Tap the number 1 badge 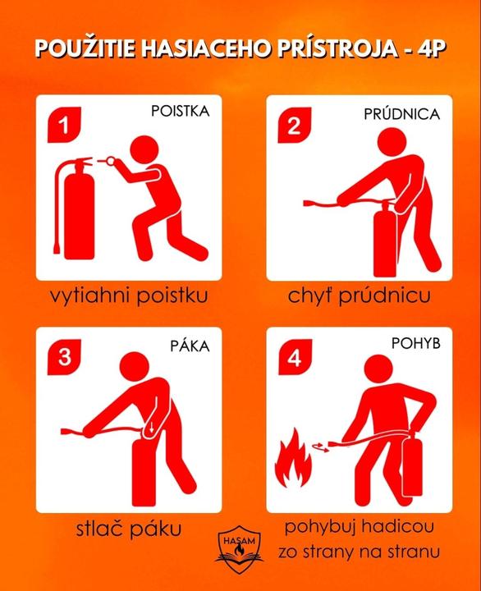tap(65, 125)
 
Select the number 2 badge tap(295, 125)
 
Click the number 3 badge tap(64, 357)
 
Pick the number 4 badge tap(295, 357)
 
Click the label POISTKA tap(181, 111)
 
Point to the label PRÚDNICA tap(402, 114)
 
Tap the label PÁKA tap(190, 346)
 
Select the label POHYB tap(416, 343)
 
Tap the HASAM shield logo tap(239, 549)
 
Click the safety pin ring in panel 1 tap(111, 162)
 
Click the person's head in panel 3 tap(135, 367)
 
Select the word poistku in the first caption tap(172, 295)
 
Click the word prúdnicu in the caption tap(384, 296)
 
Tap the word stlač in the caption tap(99, 529)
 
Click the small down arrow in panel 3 tap(151, 428)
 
